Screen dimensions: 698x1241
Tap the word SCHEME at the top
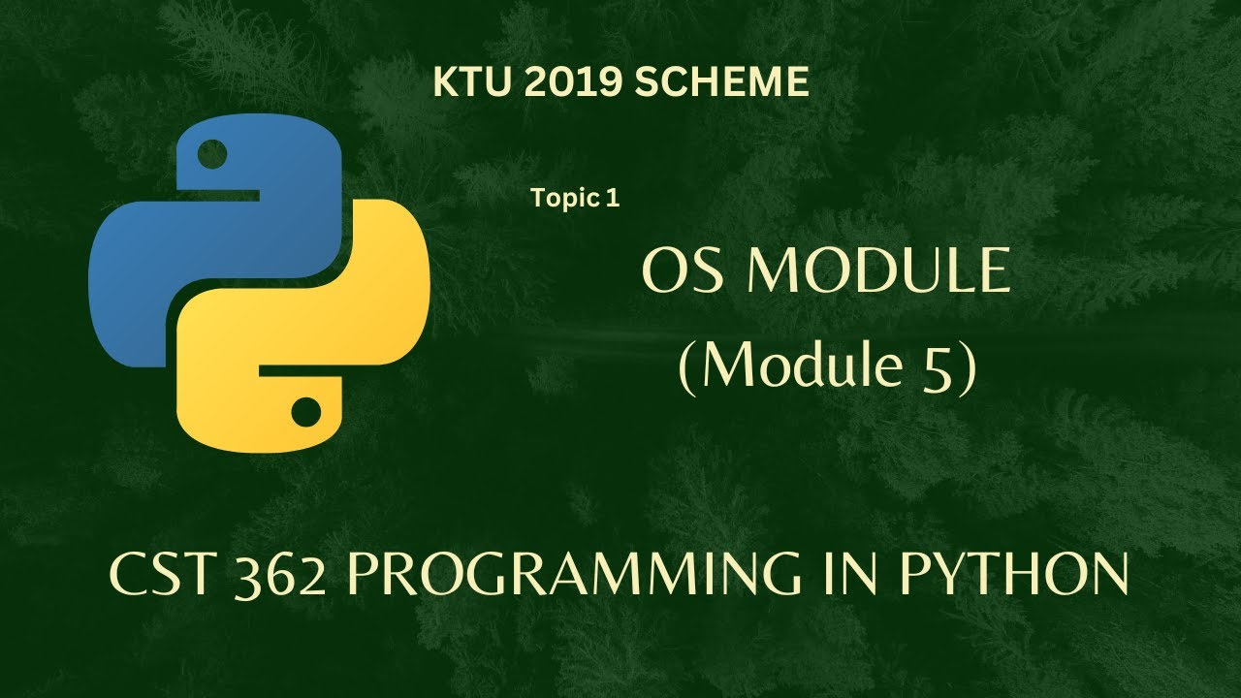coord(721,83)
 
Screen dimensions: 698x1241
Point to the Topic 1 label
coord(574,199)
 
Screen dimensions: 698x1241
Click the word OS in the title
coord(680,272)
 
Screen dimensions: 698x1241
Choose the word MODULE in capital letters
coord(878,272)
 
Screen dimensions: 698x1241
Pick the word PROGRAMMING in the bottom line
coord(573,578)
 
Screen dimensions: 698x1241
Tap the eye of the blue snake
coord(211,152)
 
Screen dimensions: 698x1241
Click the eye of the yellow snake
coord(306,412)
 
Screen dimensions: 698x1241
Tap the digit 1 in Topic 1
coord(612,199)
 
